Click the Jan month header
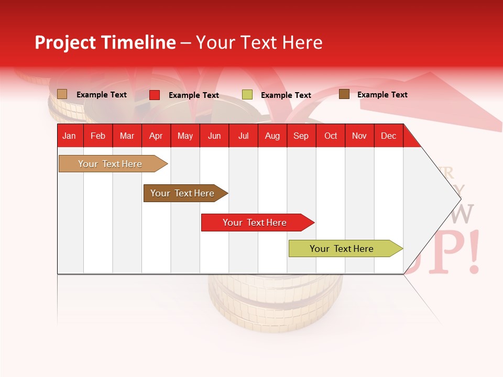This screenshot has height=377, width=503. pyautogui.click(x=69, y=136)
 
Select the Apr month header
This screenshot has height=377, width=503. pyautogui.click(x=156, y=136)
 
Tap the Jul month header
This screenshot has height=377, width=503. pyautogui.click(x=244, y=136)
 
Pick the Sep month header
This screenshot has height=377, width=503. pyautogui.click(x=301, y=136)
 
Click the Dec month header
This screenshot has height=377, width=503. pyautogui.click(x=388, y=136)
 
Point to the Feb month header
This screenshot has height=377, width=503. pyautogui.click(x=98, y=136)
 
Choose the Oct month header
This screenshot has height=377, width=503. pyautogui.click(x=331, y=136)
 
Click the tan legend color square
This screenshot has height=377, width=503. pyautogui.click(x=62, y=94)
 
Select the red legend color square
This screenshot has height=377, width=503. pyautogui.click(x=155, y=95)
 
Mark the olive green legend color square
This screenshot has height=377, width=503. pyautogui.click(x=247, y=95)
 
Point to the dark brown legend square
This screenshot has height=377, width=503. pyautogui.click(x=344, y=94)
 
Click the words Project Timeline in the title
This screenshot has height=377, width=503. pyautogui.click(x=105, y=42)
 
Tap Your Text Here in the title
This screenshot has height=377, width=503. pyautogui.click(x=259, y=42)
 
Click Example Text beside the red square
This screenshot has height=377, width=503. pyautogui.click(x=194, y=95)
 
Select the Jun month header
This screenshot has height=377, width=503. pyautogui.click(x=214, y=136)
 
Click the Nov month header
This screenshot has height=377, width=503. pyautogui.click(x=359, y=136)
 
